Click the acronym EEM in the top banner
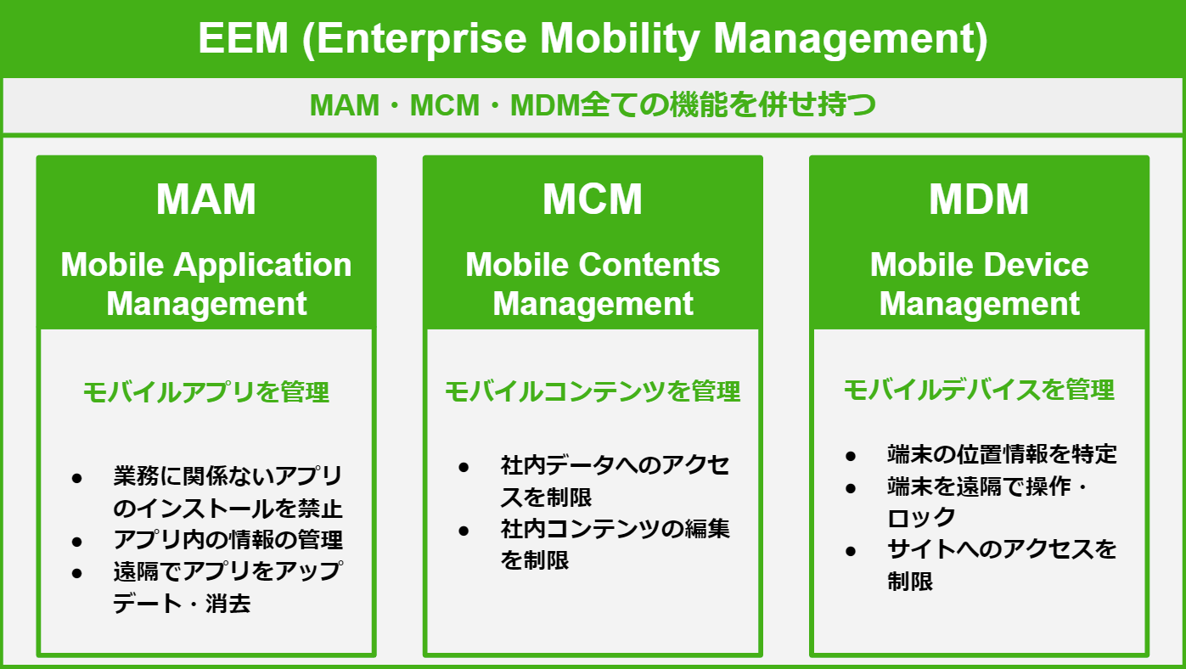(x=243, y=38)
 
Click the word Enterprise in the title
(x=422, y=40)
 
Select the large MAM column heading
(x=206, y=200)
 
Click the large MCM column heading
(x=593, y=200)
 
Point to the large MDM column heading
(x=979, y=200)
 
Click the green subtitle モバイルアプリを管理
(x=206, y=392)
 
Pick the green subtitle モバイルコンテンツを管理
(x=593, y=391)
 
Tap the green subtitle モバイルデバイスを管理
(x=979, y=390)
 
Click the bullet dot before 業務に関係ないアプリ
(x=76, y=479)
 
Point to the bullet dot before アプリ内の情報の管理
(x=76, y=542)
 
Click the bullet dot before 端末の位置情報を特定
(x=851, y=456)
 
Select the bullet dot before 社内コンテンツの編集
(x=464, y=531)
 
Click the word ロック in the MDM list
(x=921, y=518)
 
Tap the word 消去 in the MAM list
(x=228, y=604)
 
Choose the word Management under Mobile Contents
(x=593, y=305)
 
